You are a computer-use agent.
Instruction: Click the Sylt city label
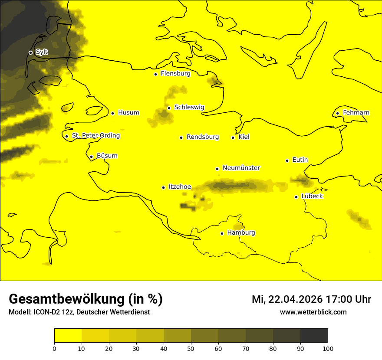click(x=42, y=52)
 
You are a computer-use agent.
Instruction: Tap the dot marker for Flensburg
click(x=155, y=74)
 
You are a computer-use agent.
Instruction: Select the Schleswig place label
click(x=189, y=107)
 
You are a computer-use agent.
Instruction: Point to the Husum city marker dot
click(x=112, y=113)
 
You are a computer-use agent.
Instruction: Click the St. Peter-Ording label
click(x=95, y=136)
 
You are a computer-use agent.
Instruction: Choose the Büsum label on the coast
click(x=107, y=156)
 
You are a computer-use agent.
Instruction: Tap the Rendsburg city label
click(x=202, y=137)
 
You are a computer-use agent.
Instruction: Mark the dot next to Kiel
click(x=233, y=137)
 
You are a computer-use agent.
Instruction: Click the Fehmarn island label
click(x=356, y=113)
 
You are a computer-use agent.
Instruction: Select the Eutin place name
click(x=300, y=160)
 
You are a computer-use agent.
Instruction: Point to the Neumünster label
click(x=241, y=168)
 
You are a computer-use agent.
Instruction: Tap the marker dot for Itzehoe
click(x=163, y=187)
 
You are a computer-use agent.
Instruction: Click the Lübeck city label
click(x=312, y=196)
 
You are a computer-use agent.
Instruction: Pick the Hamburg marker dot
click(x=222, y=233)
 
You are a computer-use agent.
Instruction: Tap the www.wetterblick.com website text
click(x=313, y=312)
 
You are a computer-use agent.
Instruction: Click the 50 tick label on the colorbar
click(x=191, y=348)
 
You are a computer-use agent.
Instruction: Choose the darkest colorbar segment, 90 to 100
click(x=314, y=335)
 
